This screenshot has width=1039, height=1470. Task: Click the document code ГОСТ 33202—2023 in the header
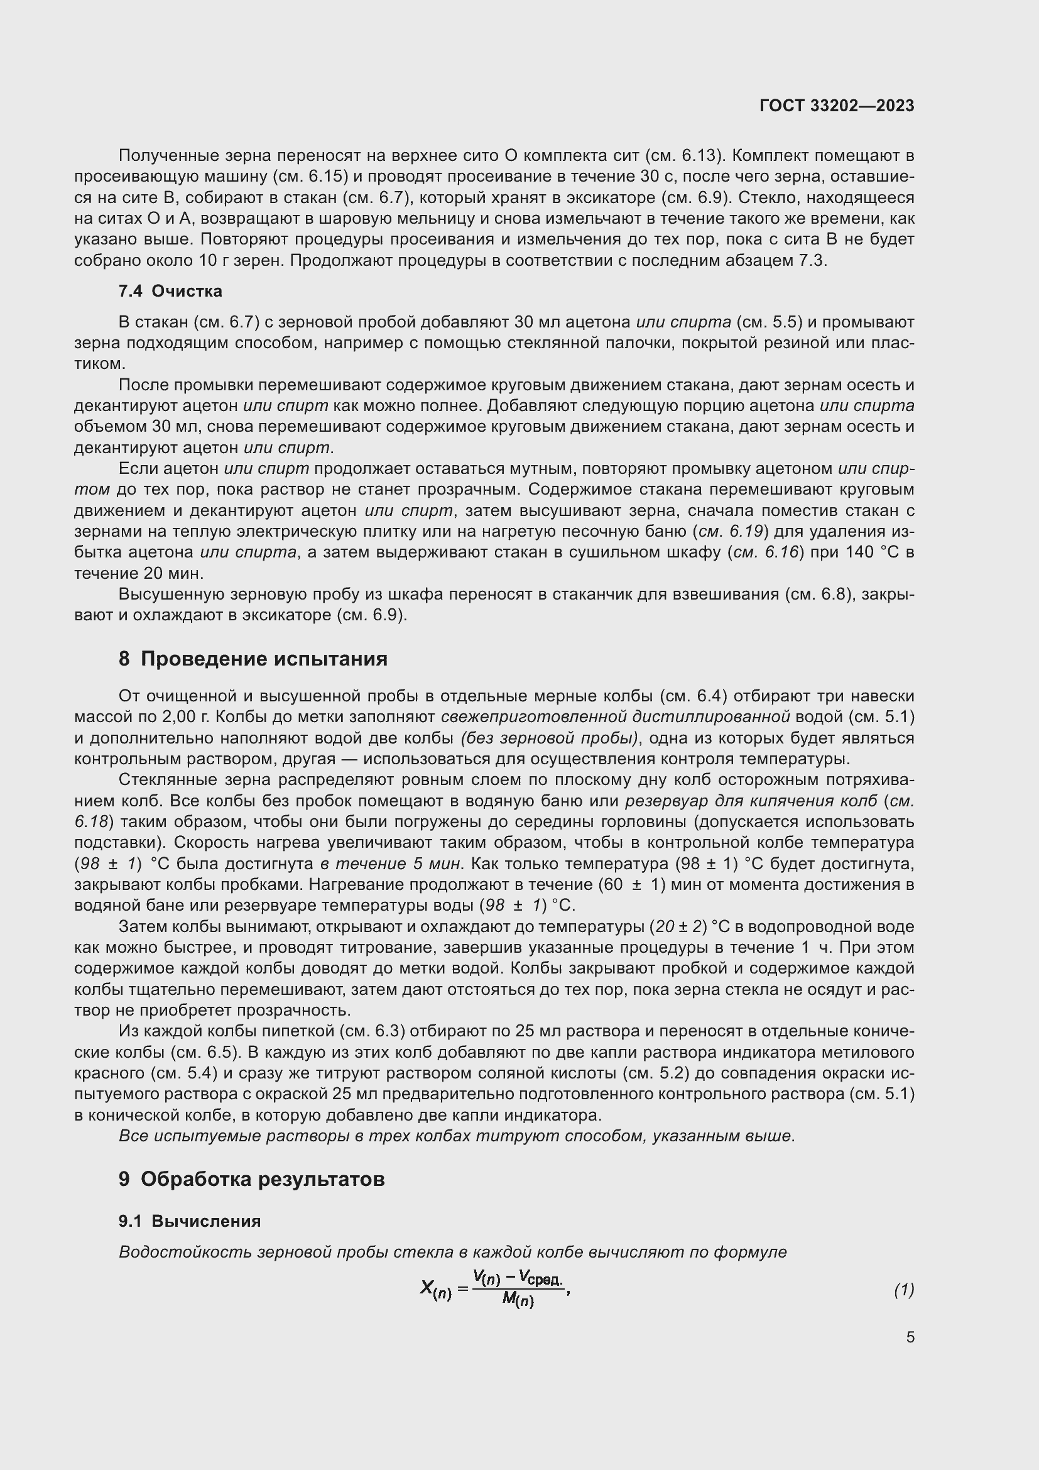pos(836,106)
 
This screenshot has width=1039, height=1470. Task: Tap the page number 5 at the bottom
pos(910,1337)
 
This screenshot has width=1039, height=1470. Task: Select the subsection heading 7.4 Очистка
pos(170,292)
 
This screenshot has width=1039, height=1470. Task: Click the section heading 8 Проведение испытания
pos(253,659)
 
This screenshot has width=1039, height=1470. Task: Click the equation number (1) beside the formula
pos(903,1290)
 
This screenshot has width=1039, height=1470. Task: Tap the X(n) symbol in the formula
pos(436,1289)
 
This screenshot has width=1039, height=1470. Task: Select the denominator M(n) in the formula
pos(518,1300)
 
